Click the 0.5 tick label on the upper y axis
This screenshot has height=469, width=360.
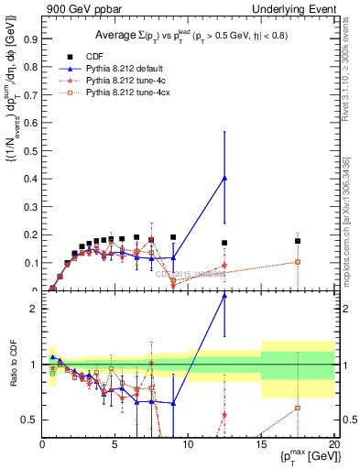pos(29,151)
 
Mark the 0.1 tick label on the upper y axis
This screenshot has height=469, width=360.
pos(29,263)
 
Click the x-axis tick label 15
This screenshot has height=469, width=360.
pos(260,444)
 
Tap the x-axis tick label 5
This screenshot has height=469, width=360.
pos(115,444)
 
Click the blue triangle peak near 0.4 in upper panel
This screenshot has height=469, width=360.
pos(224,178)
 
